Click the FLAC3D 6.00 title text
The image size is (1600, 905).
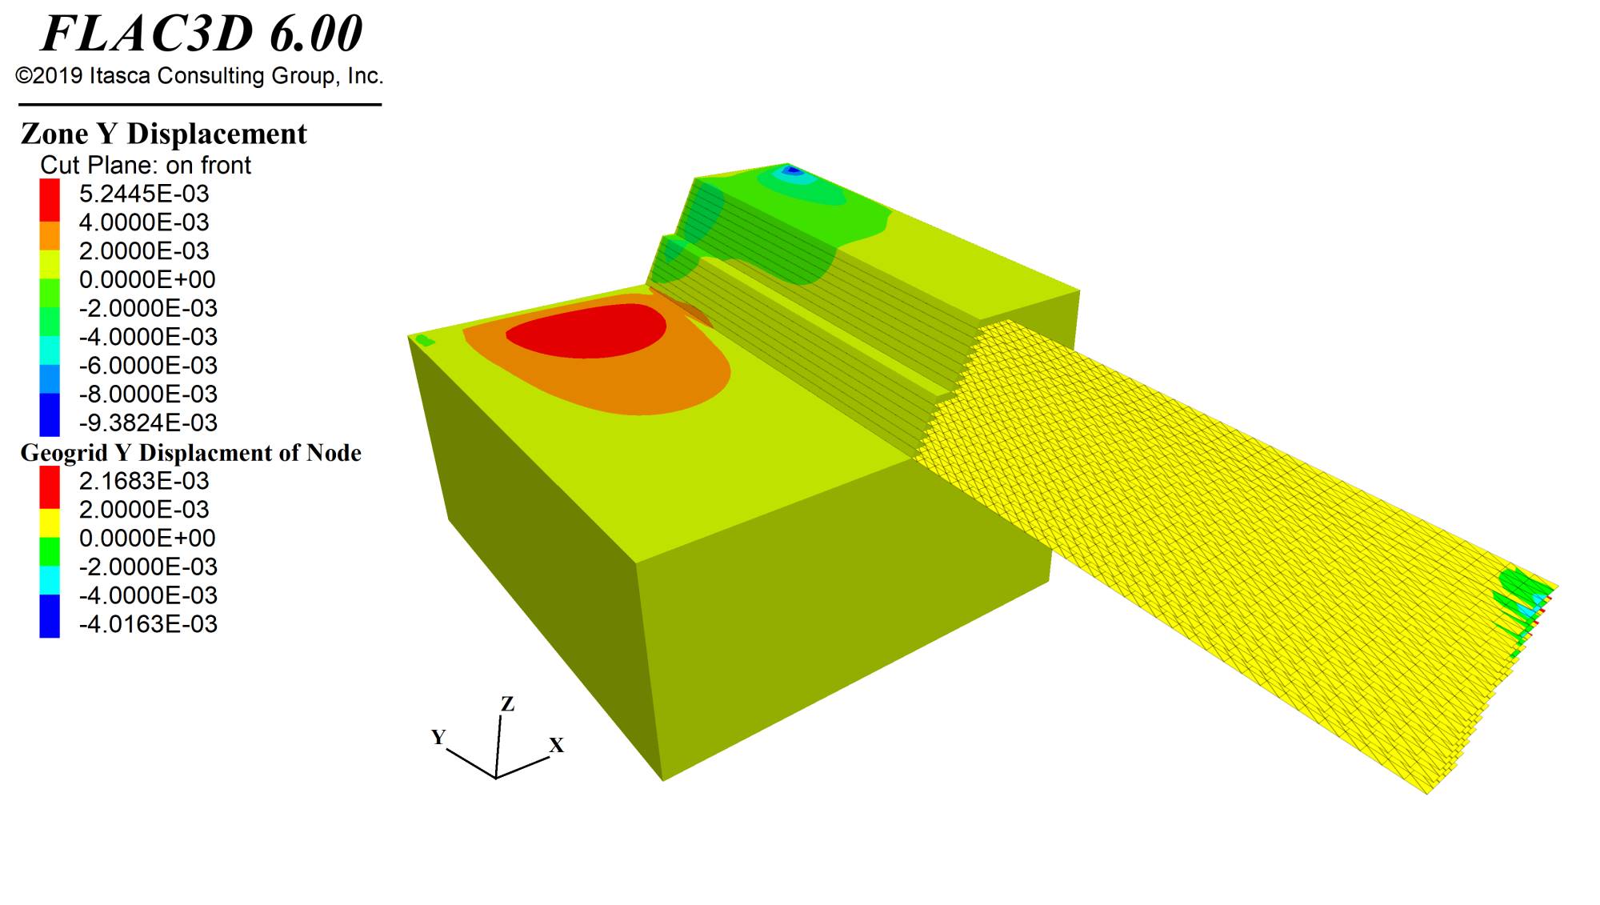[202, 34]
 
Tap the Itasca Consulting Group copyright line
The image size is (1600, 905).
[199, 76]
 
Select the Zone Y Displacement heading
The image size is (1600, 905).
[164, 134]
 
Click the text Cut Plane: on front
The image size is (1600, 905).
[146, 165]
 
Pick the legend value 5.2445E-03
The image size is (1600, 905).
[144, 194]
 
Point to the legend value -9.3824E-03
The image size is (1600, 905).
[148, 422]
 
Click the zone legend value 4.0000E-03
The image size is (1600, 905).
[144, 222]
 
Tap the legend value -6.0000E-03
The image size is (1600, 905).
[148, 366]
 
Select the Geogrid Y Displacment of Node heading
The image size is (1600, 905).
[191, 453]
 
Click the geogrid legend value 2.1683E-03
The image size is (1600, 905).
[144, 481]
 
